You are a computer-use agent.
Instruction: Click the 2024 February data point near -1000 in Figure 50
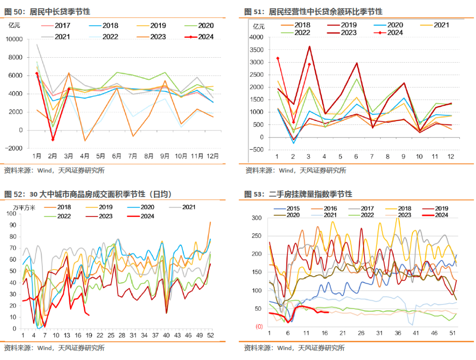click(53, 140)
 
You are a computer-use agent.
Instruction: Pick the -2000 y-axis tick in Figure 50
click(15, 148)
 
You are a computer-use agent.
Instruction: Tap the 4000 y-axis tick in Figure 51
click(256, 37)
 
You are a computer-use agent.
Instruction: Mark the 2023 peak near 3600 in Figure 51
click(309, 46)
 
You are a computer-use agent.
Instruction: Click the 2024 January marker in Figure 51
click(278, 58)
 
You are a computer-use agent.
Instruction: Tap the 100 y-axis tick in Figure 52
click(15, 214)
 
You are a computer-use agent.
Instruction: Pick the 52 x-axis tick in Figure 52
click(211, 335)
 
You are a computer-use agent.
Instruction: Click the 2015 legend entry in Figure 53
click(288, 208)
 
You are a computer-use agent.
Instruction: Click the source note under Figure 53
click(294, 348)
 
